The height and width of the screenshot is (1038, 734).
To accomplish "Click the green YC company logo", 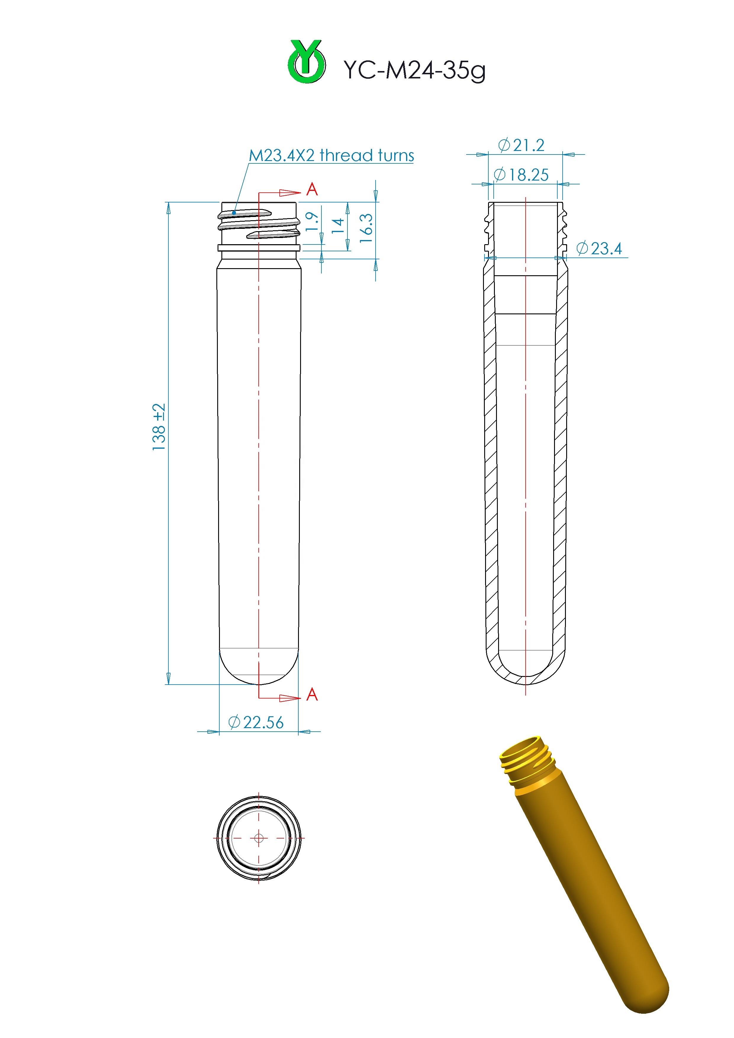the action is [306, 62].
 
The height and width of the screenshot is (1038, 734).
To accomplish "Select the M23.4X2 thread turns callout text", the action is [331, 155].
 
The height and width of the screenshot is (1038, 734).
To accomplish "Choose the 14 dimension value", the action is [338, 226].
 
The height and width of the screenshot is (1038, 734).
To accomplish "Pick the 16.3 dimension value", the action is [366, 228].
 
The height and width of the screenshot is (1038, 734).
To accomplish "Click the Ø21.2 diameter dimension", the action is [521, 145].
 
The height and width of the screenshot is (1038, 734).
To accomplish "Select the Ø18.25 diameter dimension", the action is [521, 175].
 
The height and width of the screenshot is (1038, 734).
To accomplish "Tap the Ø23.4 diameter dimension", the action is [599, 248].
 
